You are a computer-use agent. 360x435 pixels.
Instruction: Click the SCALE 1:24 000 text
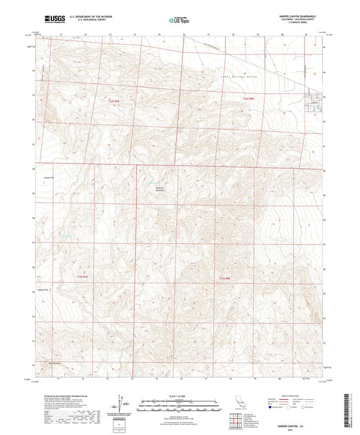[x=180, y=396]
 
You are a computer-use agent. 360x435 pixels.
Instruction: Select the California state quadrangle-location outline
[x=241, y=405]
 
